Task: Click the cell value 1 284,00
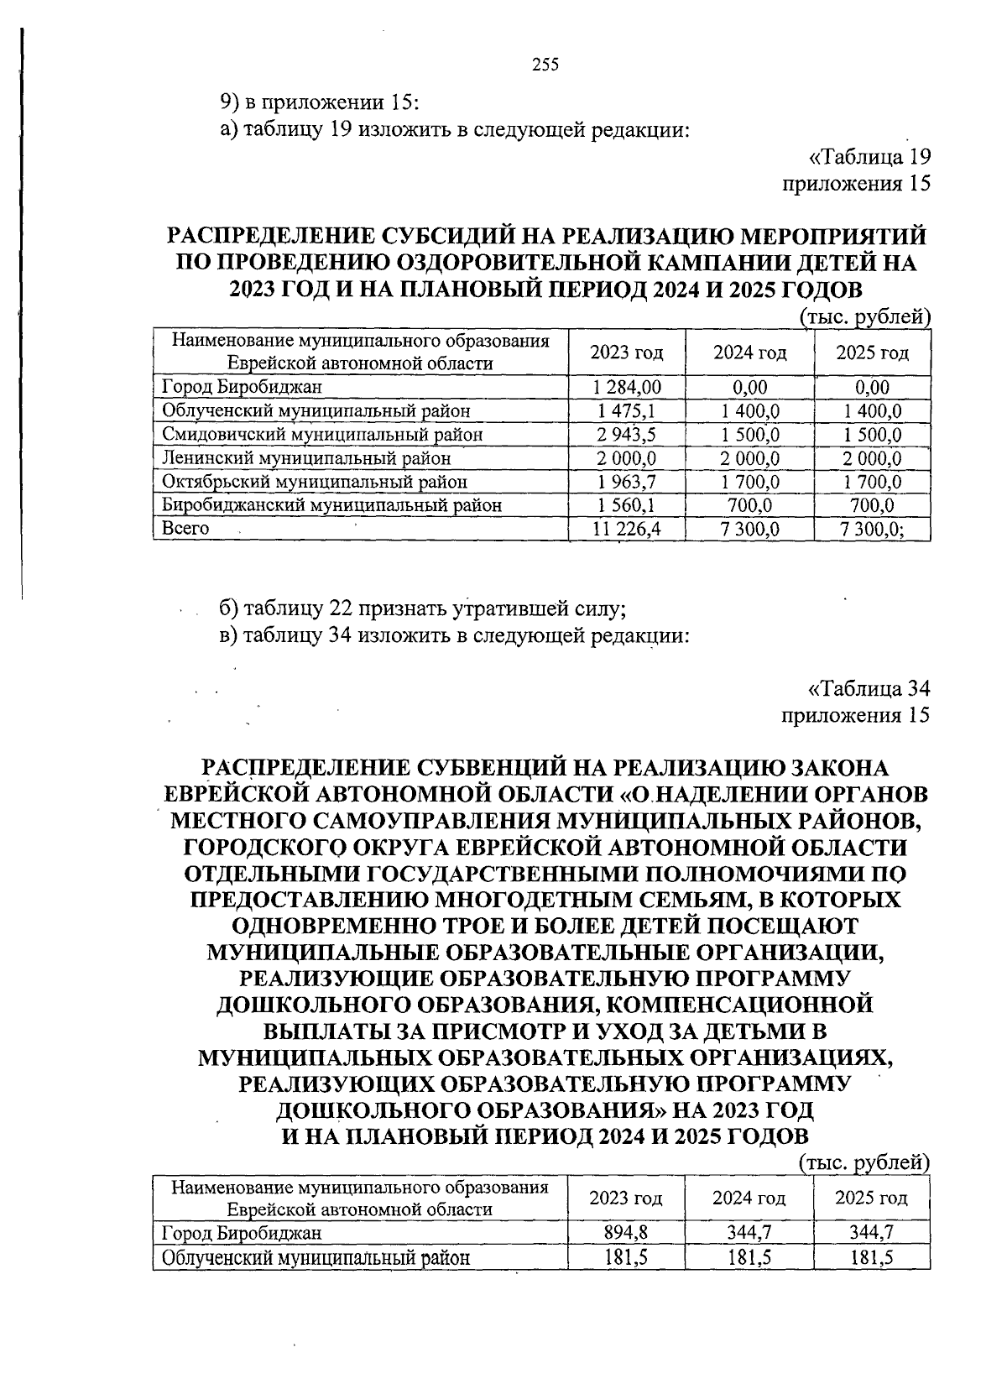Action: point(626,387)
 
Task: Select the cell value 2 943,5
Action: point(626,435)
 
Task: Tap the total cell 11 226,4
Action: point(626,529)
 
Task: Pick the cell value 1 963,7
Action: point(626,482)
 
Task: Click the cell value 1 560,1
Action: point(626,505)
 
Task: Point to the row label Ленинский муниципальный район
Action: point(306,458)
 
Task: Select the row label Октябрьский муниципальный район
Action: point(315,482)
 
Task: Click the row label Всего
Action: point(185,529)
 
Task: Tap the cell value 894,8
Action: point(626,1232)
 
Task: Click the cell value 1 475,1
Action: point(626,410)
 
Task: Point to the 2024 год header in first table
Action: point(749,352)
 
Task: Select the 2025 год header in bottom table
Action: point(871,1198)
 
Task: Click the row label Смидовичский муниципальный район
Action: point(322,435)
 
